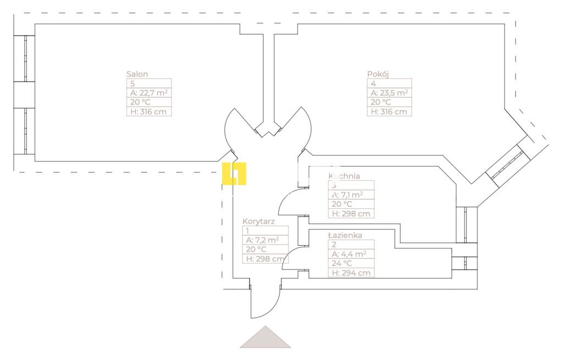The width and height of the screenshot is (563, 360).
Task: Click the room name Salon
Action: point(137,74)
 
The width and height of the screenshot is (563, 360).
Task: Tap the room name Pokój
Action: point(378,74)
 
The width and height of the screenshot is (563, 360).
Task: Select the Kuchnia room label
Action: point(344,176)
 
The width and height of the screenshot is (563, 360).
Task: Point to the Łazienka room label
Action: point(345,235)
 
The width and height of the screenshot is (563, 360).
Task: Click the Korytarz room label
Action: point(258,221)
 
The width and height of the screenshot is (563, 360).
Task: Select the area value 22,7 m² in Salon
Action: point(148,93)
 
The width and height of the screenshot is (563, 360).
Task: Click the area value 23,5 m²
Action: point(389,93)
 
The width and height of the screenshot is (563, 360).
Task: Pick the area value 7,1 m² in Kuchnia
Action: point(346,195)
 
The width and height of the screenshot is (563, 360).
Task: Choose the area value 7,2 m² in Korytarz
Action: point(263,240)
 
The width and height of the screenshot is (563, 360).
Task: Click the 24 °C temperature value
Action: point(342,263)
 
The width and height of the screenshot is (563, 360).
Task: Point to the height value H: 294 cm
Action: point(350,273)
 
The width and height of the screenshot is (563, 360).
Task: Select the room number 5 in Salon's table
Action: point(133,84)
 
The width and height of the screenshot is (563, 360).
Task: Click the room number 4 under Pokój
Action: point(373,84)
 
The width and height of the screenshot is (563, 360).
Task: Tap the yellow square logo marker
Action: point(234,174)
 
